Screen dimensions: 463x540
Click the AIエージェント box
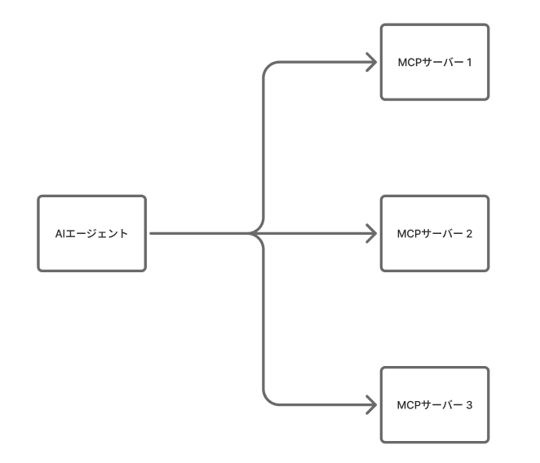(91, 233)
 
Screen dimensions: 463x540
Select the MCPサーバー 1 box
(435, 62)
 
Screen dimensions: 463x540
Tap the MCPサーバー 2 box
(435, 233)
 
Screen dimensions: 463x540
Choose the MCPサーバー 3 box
(435, 404)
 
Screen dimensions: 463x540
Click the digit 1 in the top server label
(470, 62)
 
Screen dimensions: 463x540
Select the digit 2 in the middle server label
(470, 233)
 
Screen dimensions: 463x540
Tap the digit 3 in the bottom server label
(470, 404)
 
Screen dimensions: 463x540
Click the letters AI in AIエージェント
(59, 234)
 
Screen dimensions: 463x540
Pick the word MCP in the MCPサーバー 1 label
(408, 62)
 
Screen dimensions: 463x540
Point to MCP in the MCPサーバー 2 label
(408, 233)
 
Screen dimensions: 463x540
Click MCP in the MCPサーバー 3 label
(408, 404)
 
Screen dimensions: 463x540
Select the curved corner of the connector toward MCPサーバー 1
(268, 68)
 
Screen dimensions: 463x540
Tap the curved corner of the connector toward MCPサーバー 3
(268, 398)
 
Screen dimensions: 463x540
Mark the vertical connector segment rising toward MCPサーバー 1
(263, 147)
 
